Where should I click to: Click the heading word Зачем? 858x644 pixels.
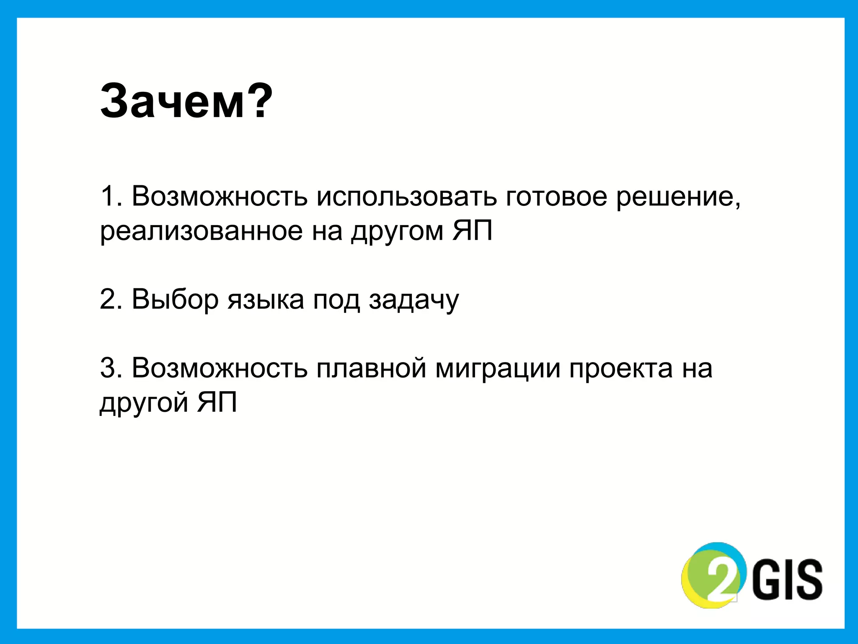(x=186, y=102)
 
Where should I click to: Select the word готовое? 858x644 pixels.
(x=556, y=196)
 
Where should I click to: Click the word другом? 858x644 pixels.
(x=397, y=232)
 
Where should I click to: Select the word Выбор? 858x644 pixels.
(x=175, y=299)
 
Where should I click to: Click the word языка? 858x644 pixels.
(x=266, y=300)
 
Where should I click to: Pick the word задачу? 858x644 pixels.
(x=414, y=300)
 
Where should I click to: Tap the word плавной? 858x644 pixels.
(x=371, y=368)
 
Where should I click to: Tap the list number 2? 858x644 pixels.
(x=108, y=299)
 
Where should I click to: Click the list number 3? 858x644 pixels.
(x=108, y=368)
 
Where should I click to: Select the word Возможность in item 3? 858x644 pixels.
(x=220, y=368)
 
